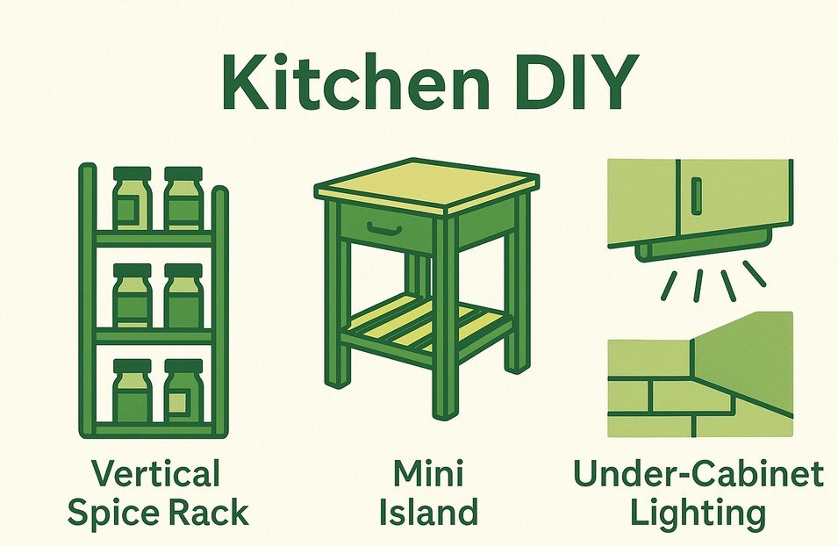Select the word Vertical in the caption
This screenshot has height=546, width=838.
click(x=156, y=475)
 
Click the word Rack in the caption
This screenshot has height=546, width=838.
click(x=213, y=513)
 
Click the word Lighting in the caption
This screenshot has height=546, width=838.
click(x=698, y=513)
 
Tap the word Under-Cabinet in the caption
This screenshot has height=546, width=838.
click(x=698, y=475)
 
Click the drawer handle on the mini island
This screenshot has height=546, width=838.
click(x=383, y=230)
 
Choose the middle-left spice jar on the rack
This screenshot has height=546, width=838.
click(x=132, y=297)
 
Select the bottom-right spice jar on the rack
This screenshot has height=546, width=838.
click(x=183, y=392)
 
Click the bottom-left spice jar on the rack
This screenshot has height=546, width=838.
click(x=132, y=392)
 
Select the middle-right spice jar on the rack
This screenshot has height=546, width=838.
click(x=183, y=297)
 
